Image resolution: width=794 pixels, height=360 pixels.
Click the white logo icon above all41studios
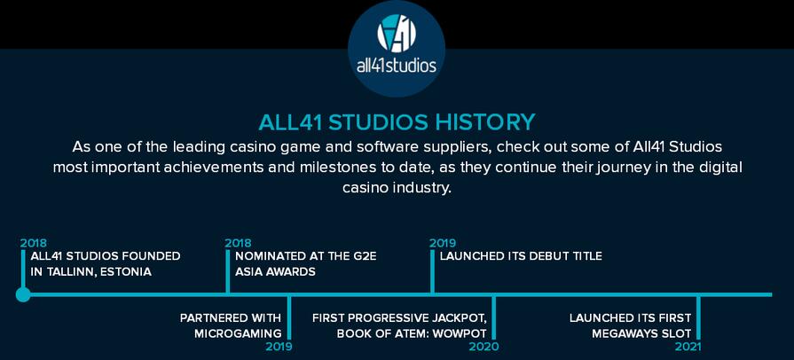pos(397,33)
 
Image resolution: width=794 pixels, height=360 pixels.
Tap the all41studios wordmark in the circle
pos(397,66)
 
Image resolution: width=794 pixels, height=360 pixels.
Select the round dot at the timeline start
pos(23,294)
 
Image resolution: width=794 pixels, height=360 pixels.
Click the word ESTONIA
pos(126,272)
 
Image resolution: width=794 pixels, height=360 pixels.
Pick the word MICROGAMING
pos(238,333)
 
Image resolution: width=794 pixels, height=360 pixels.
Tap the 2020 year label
pos(483,347)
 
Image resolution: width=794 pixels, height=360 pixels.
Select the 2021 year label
pos(688,347)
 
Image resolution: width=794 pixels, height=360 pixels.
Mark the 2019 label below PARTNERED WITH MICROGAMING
pos(279,347)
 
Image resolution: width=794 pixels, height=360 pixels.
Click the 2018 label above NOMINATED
pos(238,243)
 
